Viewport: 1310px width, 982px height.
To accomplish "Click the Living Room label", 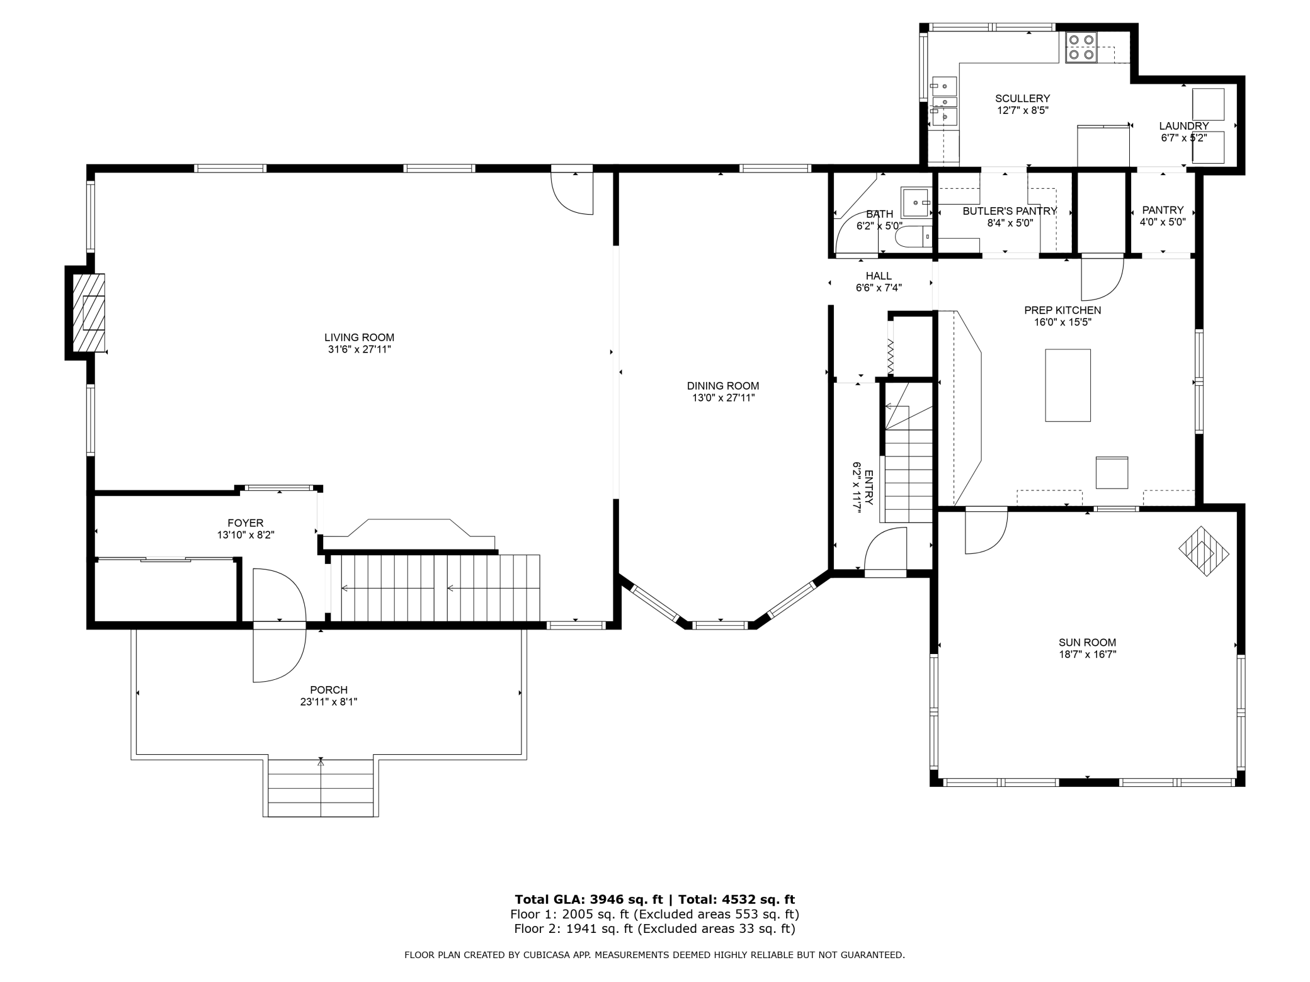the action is pos(359,337).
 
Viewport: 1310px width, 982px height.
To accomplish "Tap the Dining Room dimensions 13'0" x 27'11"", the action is pos(723,398).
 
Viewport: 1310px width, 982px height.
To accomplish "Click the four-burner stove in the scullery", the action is pos(1081,48).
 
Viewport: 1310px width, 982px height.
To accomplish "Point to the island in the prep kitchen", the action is pos(1068,385).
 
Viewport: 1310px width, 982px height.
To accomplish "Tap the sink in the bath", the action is pos(916,202).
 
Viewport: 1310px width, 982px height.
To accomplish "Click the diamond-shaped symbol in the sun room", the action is pos(1204,551).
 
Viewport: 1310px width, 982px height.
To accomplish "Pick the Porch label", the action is pos(329,690).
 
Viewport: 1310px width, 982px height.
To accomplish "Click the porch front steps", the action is pos(321,788).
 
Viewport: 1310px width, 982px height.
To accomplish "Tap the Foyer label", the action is pos(246,523).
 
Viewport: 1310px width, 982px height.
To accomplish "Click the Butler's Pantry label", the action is pos(1010,211).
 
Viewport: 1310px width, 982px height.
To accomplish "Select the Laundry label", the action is pos(1184,126).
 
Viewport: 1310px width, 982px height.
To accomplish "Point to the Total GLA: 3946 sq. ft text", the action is pos(589,900).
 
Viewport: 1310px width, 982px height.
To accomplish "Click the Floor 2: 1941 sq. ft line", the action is pos(654,928).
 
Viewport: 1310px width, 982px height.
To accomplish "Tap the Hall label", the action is pos(879,276).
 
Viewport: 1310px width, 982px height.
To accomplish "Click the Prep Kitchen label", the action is pos(1062,310).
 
